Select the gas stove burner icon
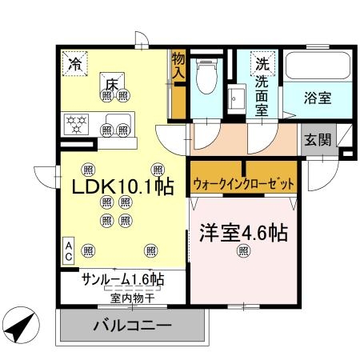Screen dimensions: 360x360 tap(77, 123)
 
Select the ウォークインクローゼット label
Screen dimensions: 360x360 tap(243, 184)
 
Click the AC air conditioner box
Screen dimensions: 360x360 tap(69, 250)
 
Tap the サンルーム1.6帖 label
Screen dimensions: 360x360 tap(122, 280)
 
